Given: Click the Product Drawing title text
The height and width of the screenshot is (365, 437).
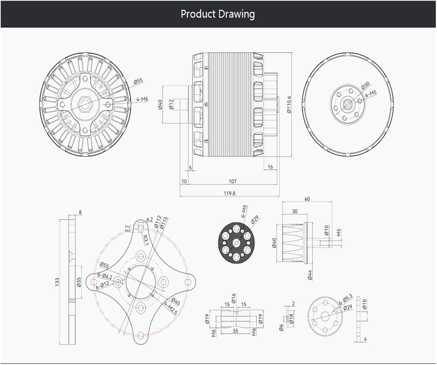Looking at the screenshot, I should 218,14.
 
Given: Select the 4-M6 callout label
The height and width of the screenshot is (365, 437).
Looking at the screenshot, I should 142,99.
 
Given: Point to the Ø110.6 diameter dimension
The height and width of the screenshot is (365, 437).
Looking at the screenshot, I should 289,104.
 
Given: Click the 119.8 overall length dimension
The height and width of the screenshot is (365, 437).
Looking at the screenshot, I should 230,193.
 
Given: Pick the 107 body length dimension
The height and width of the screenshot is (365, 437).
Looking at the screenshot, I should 232,181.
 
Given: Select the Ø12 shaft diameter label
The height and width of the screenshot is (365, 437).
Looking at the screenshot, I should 171,104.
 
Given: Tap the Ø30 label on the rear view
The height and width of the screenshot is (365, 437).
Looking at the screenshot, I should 365,85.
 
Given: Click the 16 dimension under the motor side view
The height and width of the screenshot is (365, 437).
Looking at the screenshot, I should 270,167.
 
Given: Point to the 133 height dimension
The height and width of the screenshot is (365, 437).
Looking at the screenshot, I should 57,281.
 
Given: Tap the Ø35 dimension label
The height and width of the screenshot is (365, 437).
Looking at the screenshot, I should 79,282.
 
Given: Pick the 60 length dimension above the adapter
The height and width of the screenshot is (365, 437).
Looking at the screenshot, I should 307,199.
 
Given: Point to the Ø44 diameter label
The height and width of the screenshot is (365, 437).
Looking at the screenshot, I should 310,275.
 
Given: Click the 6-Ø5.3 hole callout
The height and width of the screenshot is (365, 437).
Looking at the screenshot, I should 346,299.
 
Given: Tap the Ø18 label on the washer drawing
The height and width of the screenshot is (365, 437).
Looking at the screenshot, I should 291,318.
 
